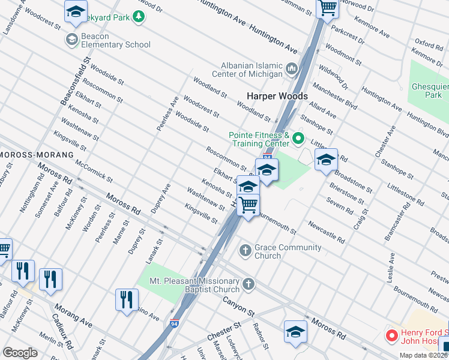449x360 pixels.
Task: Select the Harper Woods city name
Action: (x=277, y=96)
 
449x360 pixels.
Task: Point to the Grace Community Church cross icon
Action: (x=245, y=250)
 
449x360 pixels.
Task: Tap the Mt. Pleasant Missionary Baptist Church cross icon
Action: (x=249, y=283)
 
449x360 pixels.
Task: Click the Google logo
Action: (x=20, y=353)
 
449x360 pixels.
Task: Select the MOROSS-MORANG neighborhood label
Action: (x=37, y=155)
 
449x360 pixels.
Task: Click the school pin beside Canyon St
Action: (x=296, y=332)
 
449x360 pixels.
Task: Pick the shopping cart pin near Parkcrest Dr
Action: (x=327, y=8)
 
